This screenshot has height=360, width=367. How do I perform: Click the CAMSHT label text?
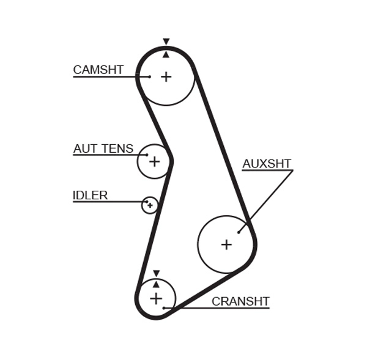[98, 70]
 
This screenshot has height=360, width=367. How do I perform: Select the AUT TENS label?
[103, 149]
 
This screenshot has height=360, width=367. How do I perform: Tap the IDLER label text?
[90, 196]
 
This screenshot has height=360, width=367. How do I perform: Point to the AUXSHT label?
[267, 164]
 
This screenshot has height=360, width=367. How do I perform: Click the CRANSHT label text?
[240, 301]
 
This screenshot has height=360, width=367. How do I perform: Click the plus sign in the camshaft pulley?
[166, 76]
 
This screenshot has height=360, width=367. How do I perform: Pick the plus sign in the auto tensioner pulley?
[154, 161]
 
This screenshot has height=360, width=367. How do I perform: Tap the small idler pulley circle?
[150, 205]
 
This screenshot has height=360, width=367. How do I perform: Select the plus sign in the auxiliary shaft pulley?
[226, 244]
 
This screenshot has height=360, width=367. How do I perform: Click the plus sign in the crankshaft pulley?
[156, 298]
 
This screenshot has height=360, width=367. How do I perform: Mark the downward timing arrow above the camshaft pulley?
[166, 42]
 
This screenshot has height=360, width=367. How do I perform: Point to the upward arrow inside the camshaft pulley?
[166, 54]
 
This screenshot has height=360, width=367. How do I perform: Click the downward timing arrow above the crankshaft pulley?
[156, 273]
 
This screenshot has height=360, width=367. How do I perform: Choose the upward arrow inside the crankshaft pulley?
[156, 284]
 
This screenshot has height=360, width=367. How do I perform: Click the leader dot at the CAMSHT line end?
[149, 76]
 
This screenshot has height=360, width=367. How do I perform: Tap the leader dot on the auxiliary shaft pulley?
[239, 232]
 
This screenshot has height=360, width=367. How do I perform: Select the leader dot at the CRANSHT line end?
[164, 307]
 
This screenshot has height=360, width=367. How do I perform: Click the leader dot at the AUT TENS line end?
[147, 155]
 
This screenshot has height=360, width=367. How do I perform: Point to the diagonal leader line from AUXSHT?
[266, 200]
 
